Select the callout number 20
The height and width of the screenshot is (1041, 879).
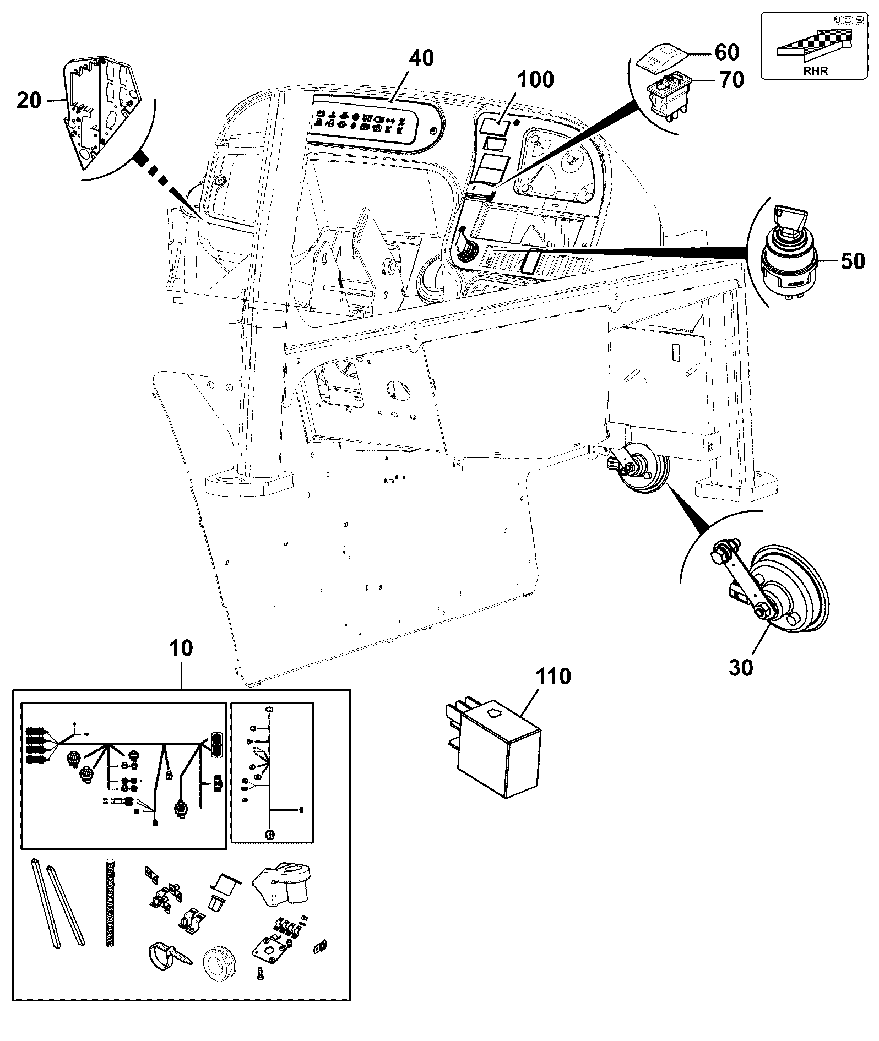(x=29, y=101)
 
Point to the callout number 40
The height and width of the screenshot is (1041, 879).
(x=421, y=58)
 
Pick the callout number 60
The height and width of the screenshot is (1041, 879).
(x=726, y=52)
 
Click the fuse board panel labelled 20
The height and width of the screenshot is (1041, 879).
(x=103, y=111)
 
